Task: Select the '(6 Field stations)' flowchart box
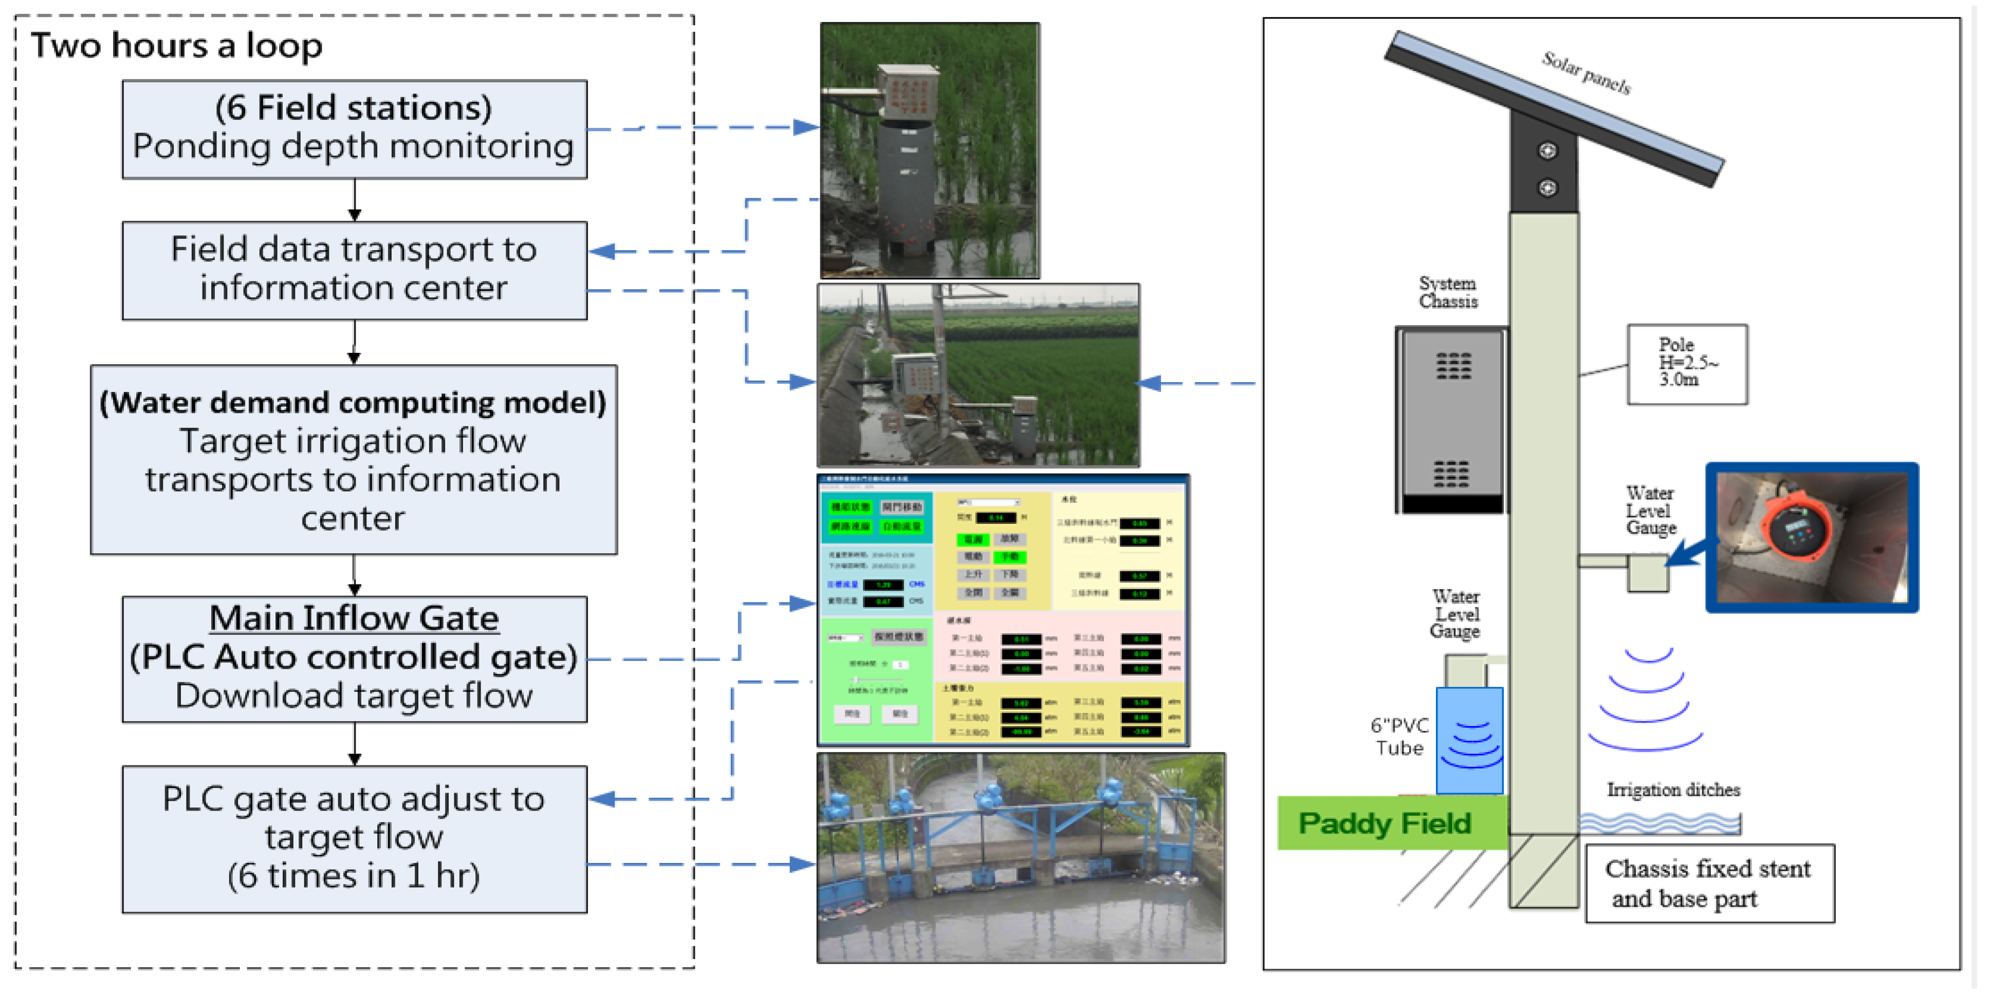(x=354, y=129)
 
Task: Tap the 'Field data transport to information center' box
(x=354, y=270)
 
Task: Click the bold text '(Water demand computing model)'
(x=353, y=402)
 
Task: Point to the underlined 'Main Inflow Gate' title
(x=354, y=618)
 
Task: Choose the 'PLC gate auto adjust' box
(x=354, y=838)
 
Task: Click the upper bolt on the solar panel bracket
(x=1546, y=151)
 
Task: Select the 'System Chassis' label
(x=1448, y=293)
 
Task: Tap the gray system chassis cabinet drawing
(x=1451, y=419)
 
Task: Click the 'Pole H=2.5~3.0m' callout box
(x=1686, y=363)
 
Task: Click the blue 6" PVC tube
(x=1469, y=740)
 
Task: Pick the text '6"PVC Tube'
(x=1399, y=736)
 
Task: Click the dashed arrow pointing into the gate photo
(x=800, y=864)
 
